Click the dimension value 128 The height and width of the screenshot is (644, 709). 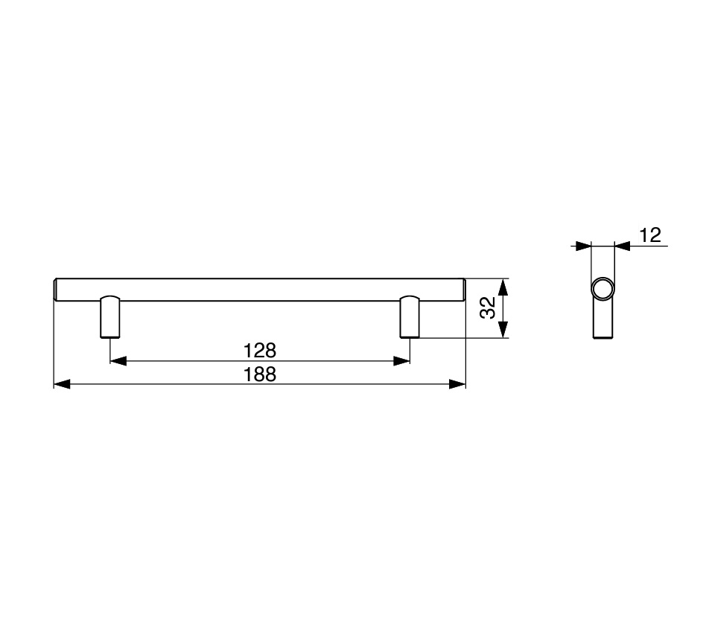click(x=259, y=350)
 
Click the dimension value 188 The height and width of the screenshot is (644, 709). click(x=259, y=374)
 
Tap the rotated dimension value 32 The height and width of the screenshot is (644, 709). click(x=488, y=307)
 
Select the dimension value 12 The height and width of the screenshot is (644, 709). click(x=650, y=235)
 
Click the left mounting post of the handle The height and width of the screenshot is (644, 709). click(x=110, y=317)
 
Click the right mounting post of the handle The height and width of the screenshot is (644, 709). click(x=410, y=317)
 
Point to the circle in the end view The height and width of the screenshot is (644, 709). click(x=603, y=289)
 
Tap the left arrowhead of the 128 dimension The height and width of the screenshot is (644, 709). click(x=118, y=360)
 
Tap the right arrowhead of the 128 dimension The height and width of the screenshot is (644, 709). click(x=401, y=360)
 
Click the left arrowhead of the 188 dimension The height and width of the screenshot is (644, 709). click(x=63, y=384)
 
